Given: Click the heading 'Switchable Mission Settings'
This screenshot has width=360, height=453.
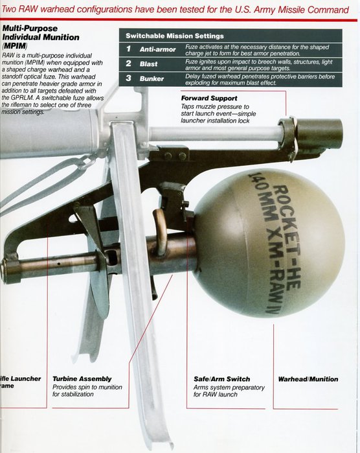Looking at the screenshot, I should [x=174, y=36].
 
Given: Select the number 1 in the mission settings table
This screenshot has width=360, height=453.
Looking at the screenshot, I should [x=128, y=49].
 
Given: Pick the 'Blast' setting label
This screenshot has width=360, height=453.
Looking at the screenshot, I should [x=150, y=64].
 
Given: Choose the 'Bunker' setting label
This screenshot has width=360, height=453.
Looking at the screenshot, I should [x=153, y=78].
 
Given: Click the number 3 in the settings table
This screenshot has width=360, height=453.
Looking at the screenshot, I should [x=128, y=78].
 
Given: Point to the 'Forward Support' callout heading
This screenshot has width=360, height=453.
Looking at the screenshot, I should [x=209, y=98].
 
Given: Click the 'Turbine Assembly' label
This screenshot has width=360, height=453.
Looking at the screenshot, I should [x=82, y=379].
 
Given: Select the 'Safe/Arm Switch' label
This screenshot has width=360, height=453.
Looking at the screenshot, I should [x=221, y=379].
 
